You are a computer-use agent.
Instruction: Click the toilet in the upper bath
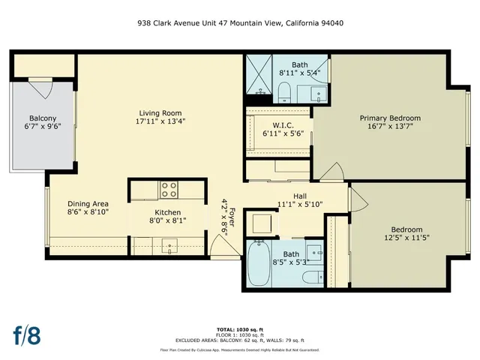tap(284, 91)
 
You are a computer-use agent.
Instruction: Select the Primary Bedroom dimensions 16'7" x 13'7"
tap(389, 127)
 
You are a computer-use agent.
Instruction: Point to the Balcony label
tap(42, 118)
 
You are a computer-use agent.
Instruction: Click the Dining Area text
tap(88, 203)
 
